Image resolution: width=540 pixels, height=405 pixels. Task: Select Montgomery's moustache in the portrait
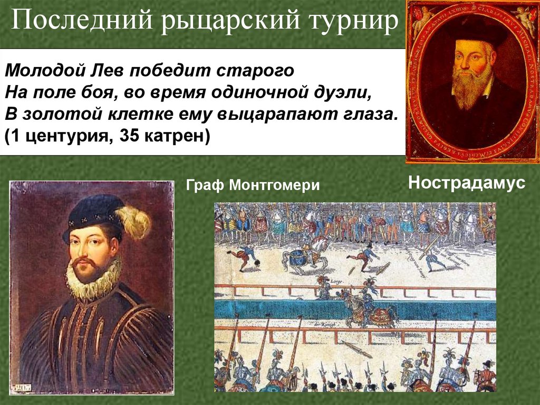[84, 261]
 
